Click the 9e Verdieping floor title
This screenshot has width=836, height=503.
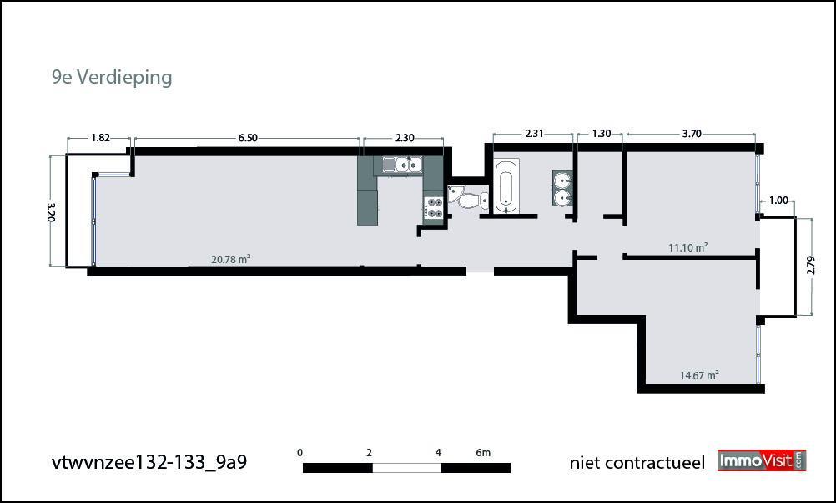tap(112, 78)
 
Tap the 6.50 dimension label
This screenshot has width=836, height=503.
tap(248, 138)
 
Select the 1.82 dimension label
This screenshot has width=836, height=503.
tap(100, 138)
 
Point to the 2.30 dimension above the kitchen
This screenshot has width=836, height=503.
tap(405, 138)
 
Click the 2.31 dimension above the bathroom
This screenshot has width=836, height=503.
tap(534, 134)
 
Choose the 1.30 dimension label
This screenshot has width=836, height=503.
tap(602, 134)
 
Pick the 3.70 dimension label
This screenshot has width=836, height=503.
tap(692, 134)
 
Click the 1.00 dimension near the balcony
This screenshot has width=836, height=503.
tap(778, 201)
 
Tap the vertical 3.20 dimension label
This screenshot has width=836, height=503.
tap(51, 211)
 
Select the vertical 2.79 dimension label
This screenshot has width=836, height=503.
tap(811, 266)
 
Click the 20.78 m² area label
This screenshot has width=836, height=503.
tap(231, 260)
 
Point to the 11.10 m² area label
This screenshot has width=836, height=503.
tap(687, 247)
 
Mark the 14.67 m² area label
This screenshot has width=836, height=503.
tap(699, 375)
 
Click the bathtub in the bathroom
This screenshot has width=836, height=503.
tap(506, 185)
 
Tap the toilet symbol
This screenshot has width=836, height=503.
tap(469, 198)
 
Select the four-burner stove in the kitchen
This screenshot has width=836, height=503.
tap(434, 207)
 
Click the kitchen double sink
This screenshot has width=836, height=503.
tap(402, 165)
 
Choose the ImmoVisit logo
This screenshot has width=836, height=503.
tap(762, 461)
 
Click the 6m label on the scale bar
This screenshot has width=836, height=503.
tap(483, 453)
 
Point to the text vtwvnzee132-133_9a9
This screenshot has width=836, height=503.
tap(149, 462)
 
